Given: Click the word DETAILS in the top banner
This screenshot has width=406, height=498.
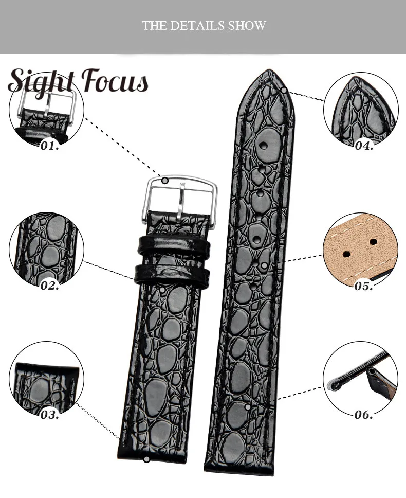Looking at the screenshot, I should [x=202, y=26].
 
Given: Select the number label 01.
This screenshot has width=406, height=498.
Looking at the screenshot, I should [x=50, y=146].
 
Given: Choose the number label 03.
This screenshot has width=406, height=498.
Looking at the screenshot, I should [x=50, y=414].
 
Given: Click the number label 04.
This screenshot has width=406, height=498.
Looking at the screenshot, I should [x=364, y=146].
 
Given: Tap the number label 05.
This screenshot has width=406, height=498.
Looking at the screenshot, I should [x=364, y=286].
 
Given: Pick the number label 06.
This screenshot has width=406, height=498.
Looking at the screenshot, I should [x=364, y=414].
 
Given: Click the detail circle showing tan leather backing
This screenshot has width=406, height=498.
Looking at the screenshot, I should [x=360, y=250].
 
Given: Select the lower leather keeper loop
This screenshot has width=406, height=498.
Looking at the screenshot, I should [x=172, y=273].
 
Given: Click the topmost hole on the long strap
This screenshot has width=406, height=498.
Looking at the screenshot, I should [x=264, y=146].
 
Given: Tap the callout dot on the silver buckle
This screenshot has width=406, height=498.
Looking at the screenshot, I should [x=165, y=181].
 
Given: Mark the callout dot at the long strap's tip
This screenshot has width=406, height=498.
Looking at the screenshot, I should [x=284, y=91].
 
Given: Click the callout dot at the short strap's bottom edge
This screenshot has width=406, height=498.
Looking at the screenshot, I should [x=147, y=459].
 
